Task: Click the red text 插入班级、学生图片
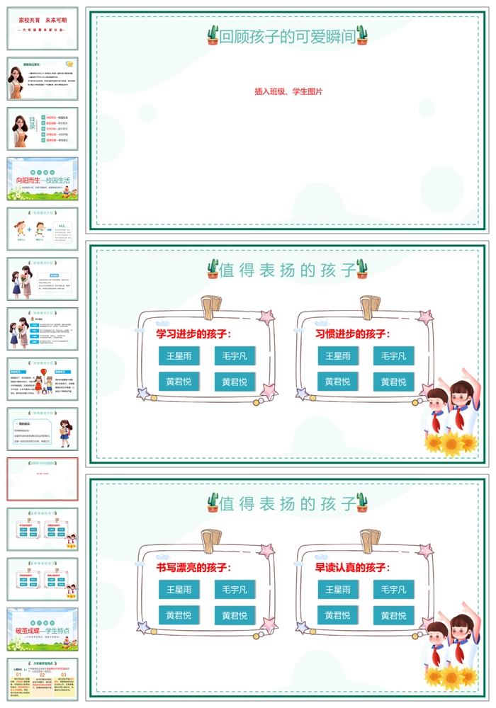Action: coord(288,91)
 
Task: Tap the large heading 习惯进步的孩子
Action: coord(352,333)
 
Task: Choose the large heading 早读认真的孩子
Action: coord(352,567)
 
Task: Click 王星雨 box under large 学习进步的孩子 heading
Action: coord(179,356)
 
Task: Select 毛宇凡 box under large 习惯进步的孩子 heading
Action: coord(394,356)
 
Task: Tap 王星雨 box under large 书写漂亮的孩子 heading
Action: coord(179,590)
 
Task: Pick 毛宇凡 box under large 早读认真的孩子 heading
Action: coord(394,590)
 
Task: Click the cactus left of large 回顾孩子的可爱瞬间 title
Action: coord(213,35)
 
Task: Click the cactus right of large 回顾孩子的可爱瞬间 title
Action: coord(363,35)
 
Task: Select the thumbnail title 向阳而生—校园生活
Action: coord(43,181)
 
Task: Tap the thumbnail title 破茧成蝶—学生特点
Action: coord(43,629)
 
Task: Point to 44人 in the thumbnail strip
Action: coord(62,226)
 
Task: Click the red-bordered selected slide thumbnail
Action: coord(43,479)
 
